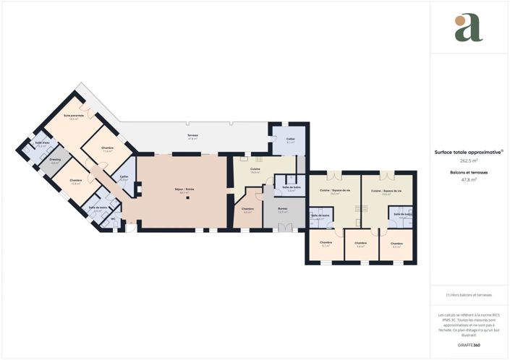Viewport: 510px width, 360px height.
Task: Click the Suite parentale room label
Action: coord(74,116)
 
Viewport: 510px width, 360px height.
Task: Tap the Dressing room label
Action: coord(55,160)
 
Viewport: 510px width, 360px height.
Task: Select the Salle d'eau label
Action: coord(42,142)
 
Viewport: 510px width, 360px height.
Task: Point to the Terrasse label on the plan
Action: coord(193,135)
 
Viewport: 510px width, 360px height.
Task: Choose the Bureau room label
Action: coord(282,209)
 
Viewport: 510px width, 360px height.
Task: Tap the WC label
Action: coord(103,220)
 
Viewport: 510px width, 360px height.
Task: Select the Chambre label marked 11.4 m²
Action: coord(108,148)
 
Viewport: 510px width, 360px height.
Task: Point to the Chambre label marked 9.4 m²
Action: coord(360,243)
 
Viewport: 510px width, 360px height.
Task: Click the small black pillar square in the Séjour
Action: coord(187,198)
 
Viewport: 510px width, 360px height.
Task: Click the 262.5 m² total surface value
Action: coord(469,161)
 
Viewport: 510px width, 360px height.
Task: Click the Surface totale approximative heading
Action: coord(468,153)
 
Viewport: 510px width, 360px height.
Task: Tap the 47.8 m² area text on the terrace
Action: coord(193,139)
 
